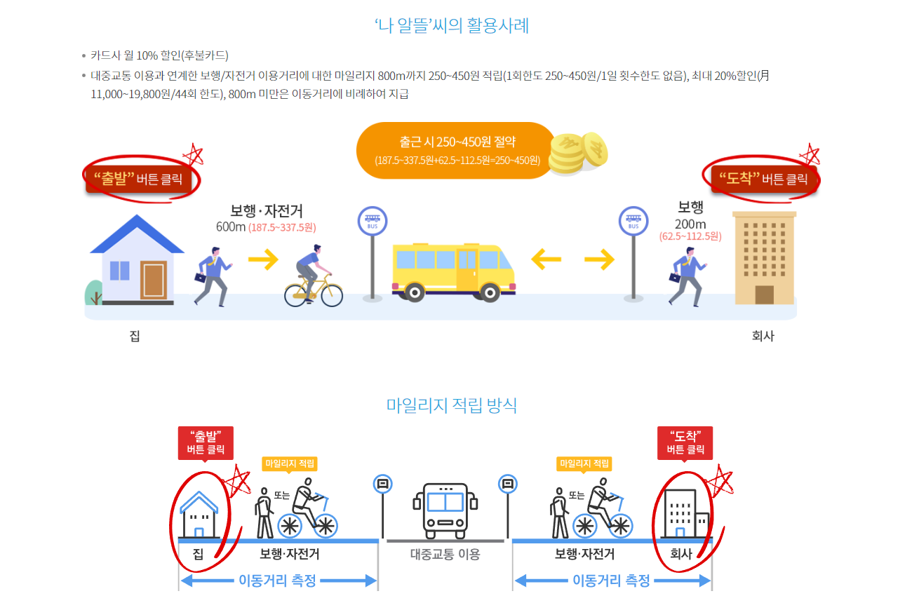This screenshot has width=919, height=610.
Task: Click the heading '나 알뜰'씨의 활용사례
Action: click(x=452, y=26)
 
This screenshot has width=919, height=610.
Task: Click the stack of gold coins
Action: click(x=577, y=152)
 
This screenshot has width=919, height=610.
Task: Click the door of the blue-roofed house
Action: click(x=154, y=279)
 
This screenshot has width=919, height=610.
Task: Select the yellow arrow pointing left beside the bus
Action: click(x=546, y=260)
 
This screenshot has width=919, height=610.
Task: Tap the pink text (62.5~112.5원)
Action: click(x=690, y=236)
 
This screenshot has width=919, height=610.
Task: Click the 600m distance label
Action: click(x=231, y=227)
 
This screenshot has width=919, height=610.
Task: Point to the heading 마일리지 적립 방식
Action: click(x=452, y=405)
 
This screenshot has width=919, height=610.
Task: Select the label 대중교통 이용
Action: click(x=445, y=554)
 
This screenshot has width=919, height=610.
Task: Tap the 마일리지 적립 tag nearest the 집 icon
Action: click(x=290, y=463)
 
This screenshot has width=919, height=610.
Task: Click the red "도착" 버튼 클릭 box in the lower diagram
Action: click(x=685, y=443)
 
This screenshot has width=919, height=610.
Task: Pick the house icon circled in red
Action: click(x=199, y=514)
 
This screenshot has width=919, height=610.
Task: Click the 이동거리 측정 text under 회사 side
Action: click(x=611, y=581)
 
